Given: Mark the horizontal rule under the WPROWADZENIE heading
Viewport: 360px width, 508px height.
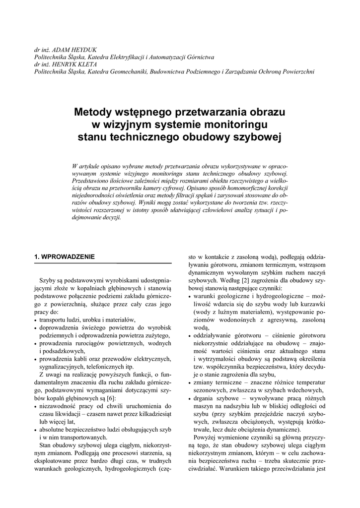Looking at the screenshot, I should [x=102, y=263].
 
